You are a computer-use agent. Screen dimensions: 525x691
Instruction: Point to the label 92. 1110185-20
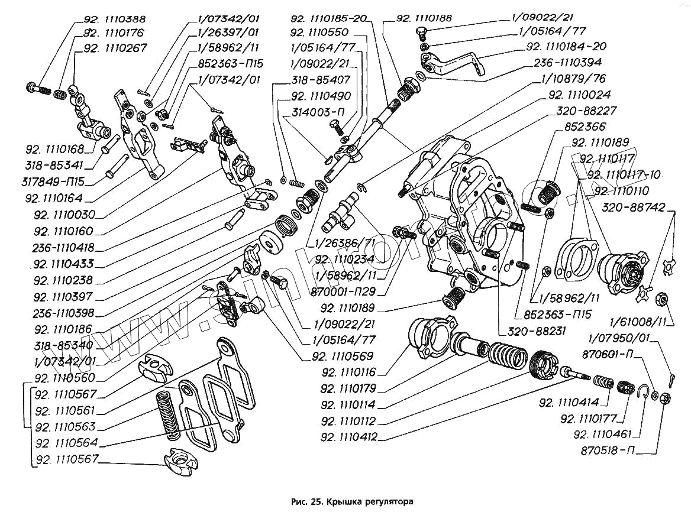(x=329, y=19)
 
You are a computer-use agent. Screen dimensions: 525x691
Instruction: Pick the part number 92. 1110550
(x=328, y=33)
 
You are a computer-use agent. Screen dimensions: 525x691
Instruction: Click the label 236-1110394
(x=567, y=61)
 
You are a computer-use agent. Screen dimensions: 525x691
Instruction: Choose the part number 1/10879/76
(x=573, y=78)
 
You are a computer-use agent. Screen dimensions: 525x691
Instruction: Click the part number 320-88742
(x=634, y=208)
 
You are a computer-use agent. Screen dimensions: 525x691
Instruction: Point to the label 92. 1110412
(x=350, y=438)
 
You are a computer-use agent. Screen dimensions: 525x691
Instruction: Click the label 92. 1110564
(x=66, y=443)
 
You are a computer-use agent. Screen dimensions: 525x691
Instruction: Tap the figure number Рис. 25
(x=306, y=502)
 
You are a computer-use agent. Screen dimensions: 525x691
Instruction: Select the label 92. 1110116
(x=350, y=372)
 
